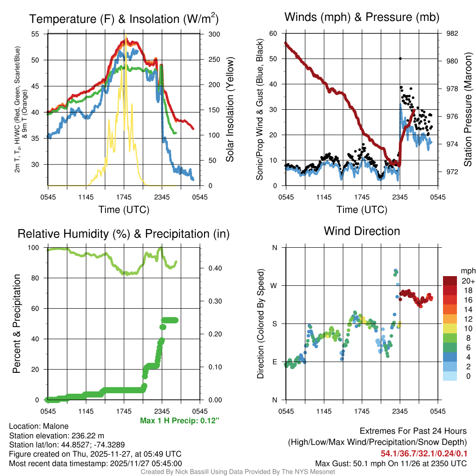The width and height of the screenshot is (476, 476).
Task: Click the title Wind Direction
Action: click(362, 231)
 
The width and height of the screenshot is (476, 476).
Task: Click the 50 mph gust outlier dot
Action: click(400, 59)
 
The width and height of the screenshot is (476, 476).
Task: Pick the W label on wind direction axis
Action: click(274, 285)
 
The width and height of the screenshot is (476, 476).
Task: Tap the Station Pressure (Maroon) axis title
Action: click(468, 109)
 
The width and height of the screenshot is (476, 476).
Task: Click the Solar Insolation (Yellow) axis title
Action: click(230, 109)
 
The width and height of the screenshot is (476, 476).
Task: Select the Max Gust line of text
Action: click(390, 463)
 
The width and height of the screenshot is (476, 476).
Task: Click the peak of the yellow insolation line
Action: click(125, 35)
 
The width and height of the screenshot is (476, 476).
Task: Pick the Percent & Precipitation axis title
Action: click(17, 324)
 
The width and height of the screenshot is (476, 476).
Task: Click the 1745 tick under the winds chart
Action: click(362, 197)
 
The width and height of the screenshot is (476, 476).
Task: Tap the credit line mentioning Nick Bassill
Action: click(238, 472)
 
